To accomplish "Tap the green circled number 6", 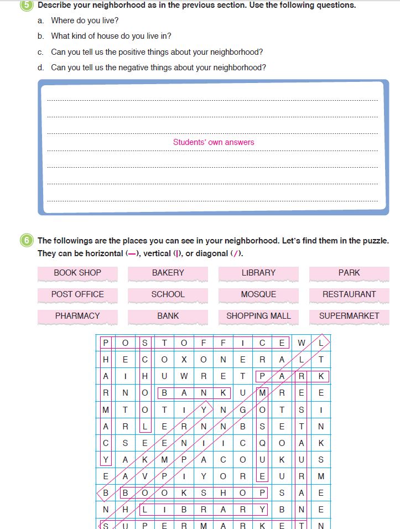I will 26,241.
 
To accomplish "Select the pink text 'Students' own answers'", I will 214,142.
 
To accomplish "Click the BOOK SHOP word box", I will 77,273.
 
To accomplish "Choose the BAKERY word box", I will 168,273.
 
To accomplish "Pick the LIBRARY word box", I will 258,273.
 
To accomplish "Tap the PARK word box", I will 349,273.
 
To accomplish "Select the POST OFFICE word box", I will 77,294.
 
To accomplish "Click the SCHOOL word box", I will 168,294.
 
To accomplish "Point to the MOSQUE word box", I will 258,294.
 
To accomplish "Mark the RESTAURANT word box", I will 349,294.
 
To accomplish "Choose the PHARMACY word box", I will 77,316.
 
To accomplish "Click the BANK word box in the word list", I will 168,316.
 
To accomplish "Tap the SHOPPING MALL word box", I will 258,316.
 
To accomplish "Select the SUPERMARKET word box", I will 349,316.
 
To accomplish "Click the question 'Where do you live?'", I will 84,20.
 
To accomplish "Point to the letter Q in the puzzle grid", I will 262,443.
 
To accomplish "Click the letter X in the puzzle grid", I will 184,360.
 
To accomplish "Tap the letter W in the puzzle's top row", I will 302,343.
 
